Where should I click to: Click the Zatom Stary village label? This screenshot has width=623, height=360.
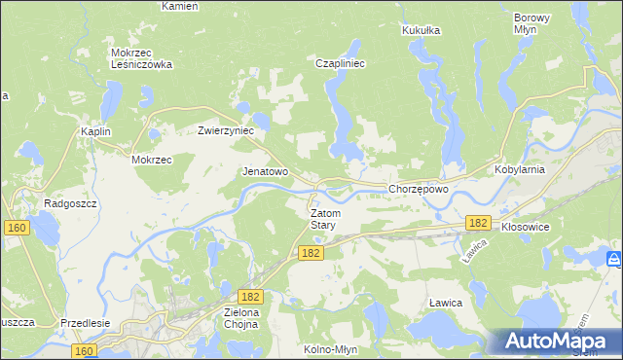322,218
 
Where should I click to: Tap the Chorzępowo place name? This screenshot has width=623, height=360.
418,189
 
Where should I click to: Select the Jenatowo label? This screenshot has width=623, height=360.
265,171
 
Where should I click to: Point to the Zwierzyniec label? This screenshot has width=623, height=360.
226,129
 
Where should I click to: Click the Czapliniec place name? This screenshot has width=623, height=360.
340,63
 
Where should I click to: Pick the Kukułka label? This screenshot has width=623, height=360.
421,30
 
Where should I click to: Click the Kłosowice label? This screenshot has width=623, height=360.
528,225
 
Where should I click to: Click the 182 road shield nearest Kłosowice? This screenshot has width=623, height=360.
477,223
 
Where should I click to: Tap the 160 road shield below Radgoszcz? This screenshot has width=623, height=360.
16,228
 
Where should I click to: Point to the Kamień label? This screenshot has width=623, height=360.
179,6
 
